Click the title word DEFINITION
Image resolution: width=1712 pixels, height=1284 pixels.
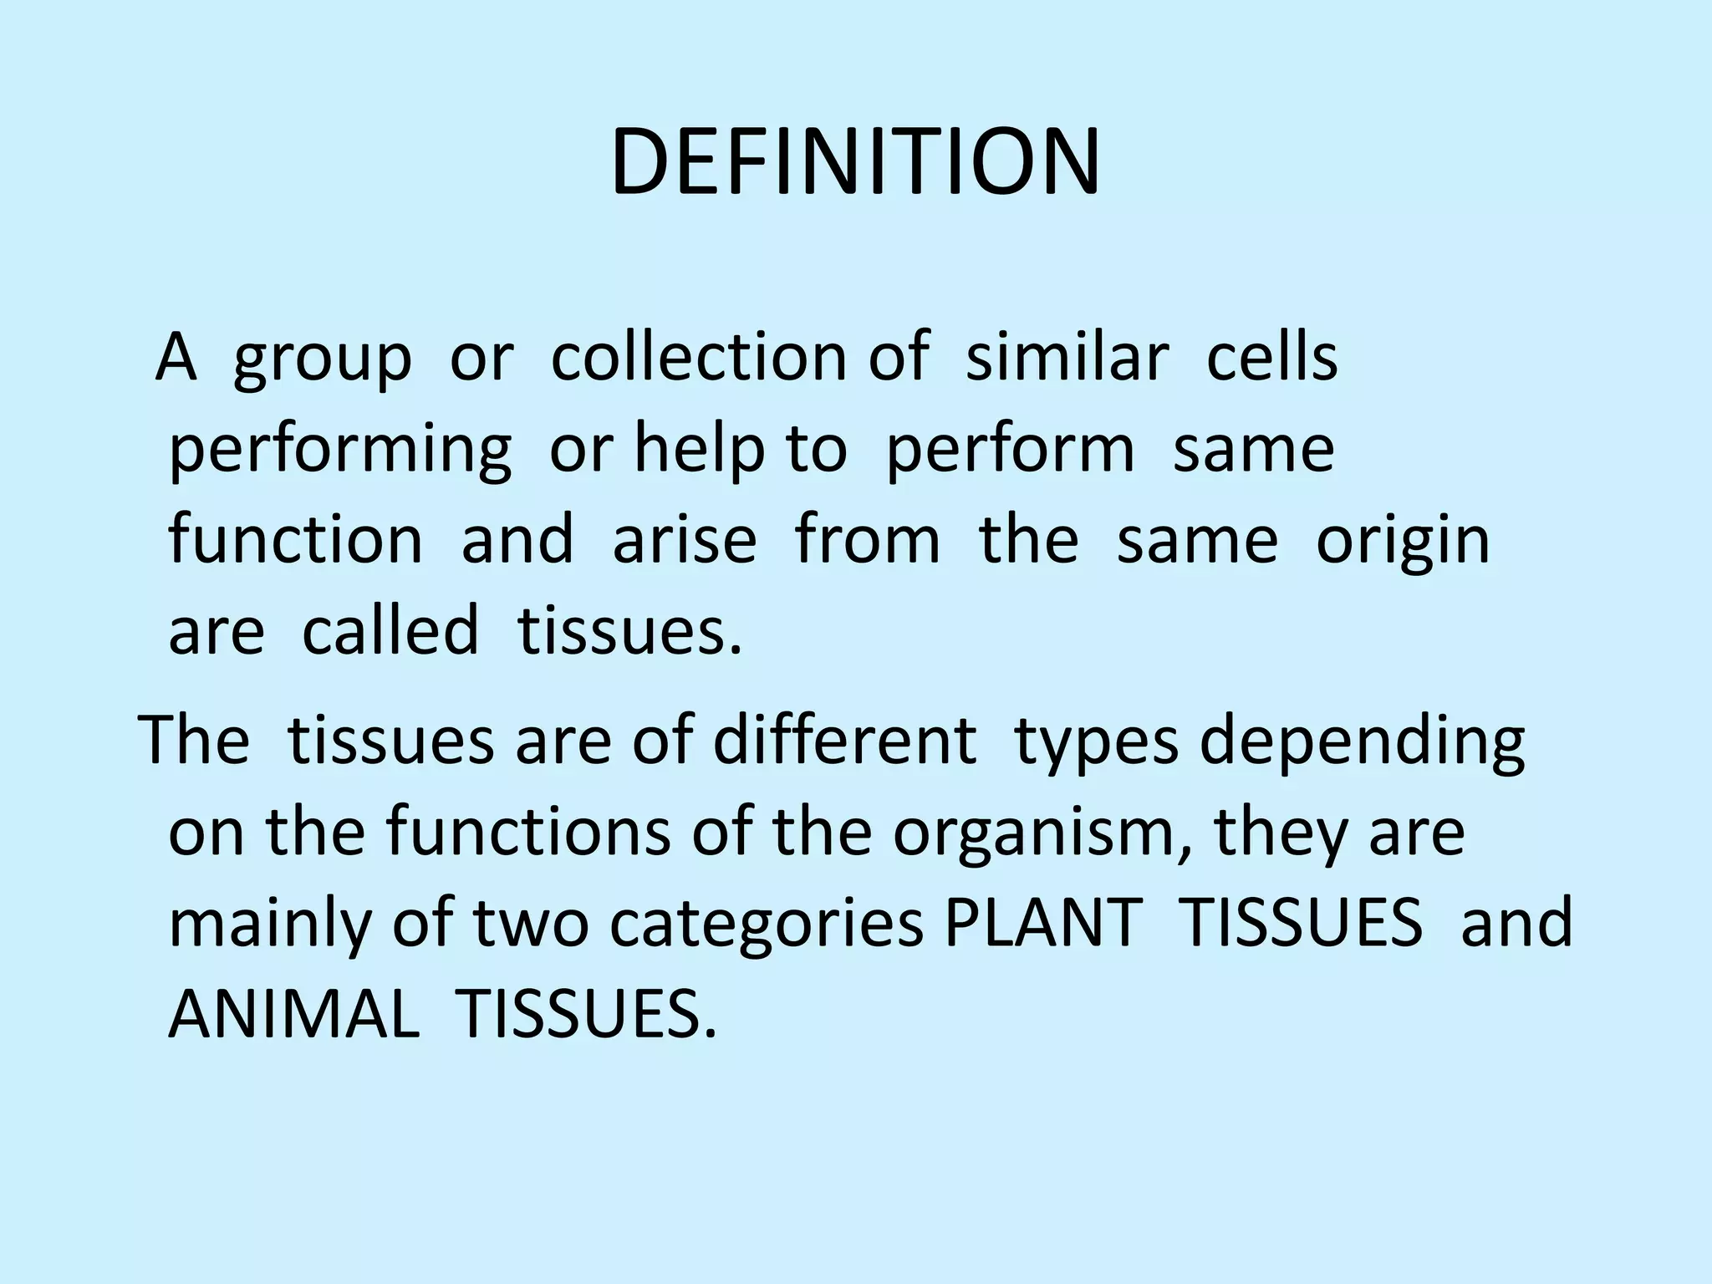pos(855,162)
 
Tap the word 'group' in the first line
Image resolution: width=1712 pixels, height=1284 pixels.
pos(323,359)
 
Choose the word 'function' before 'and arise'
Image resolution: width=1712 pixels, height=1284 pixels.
pos(296,540)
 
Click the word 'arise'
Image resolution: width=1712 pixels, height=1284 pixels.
pos(685,540)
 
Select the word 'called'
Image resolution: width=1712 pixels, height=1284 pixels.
pos(390,630)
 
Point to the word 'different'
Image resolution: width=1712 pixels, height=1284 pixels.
pos(844,741)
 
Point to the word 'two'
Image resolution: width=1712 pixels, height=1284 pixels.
pos(532,923)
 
